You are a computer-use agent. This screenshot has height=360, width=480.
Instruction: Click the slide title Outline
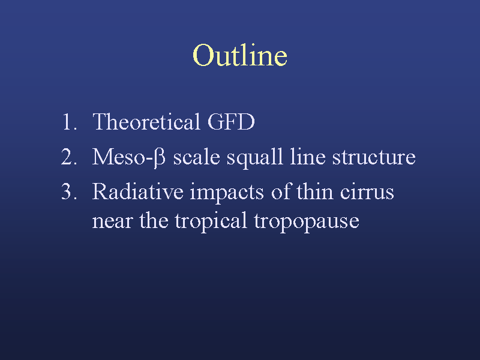pos(240,55)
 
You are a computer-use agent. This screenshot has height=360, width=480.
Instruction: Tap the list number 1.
pos(69,122)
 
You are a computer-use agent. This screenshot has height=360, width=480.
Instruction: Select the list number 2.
pos(69,157)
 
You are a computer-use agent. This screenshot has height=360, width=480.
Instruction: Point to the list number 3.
pos(69,191)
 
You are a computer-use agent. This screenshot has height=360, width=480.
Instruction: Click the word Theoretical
pos(146,122)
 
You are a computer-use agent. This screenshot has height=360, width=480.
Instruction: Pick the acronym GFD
pos(231,122)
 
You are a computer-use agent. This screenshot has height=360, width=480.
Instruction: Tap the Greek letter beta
pos(159,157)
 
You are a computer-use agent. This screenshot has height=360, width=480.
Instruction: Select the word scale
pos(197,157)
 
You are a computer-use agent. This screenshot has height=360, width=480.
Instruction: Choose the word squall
pos(254,158)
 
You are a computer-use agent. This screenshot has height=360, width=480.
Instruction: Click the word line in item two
pos(308,157)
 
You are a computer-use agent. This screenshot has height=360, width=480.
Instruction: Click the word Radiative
pos(138,191)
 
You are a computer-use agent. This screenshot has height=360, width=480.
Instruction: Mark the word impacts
pos(227,193)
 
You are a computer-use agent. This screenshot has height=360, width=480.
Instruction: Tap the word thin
pos(315,191)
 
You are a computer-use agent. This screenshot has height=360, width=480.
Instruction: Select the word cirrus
pos(367,192)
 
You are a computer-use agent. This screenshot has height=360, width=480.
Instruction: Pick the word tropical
pos(211,221)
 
